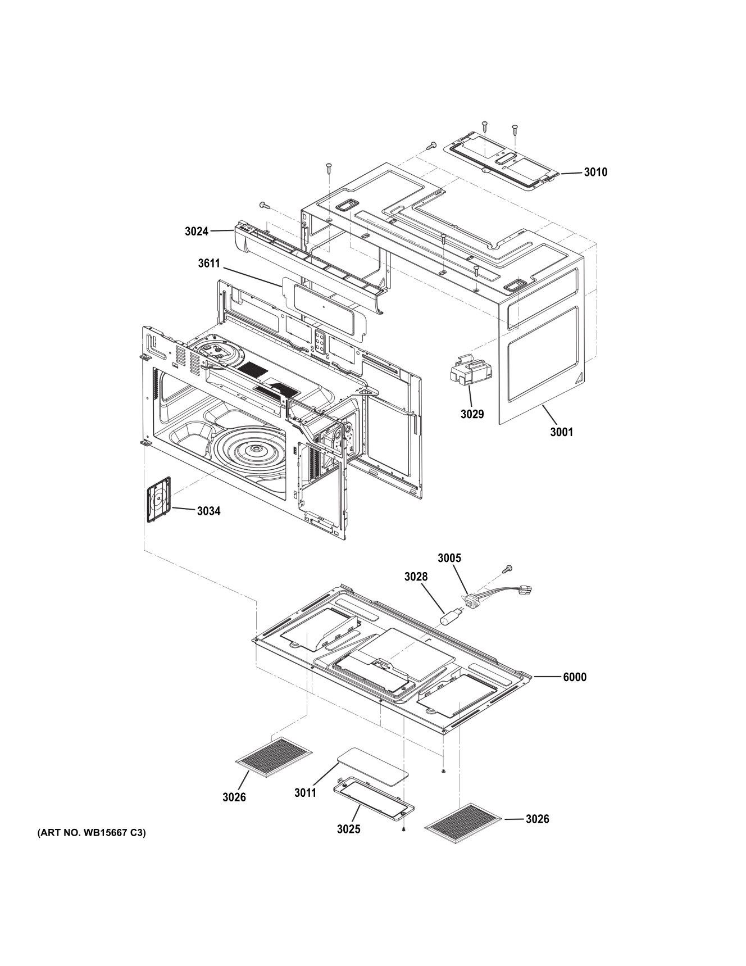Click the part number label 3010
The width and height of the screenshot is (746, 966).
click(595, 172)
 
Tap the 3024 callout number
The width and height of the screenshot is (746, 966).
click(196, 231)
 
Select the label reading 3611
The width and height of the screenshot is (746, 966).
click(209, 263)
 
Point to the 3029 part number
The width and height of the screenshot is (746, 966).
click(472, 414)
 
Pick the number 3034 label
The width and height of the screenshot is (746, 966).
click(208, 511)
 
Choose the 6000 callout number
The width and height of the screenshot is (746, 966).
click(574, 677)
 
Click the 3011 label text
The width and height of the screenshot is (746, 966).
click(305, 792)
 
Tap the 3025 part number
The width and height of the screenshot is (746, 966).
click(348, 829)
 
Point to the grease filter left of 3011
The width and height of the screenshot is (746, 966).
click(274, 757)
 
